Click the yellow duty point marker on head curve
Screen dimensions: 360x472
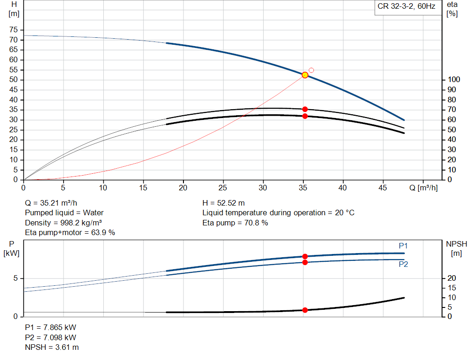[305, 75]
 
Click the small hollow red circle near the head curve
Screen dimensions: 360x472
[311, 70]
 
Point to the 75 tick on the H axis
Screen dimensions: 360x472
[13, 30]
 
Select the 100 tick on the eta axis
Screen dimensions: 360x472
[454, 80]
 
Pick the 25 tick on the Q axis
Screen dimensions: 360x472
[224, 188]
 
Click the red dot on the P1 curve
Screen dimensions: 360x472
[305, 256]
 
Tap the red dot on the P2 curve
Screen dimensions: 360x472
[305, 262]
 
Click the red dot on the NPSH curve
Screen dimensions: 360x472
[305, 310]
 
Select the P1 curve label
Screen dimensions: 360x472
[403, 246]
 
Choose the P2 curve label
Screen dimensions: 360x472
[403, 265]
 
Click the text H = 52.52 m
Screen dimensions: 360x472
[224, 203]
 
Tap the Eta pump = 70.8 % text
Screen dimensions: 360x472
[235, 223]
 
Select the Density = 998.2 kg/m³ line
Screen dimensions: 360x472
[63, 223]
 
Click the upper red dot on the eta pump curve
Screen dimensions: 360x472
[305, 109]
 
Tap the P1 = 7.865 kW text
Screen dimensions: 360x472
[50, 327]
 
